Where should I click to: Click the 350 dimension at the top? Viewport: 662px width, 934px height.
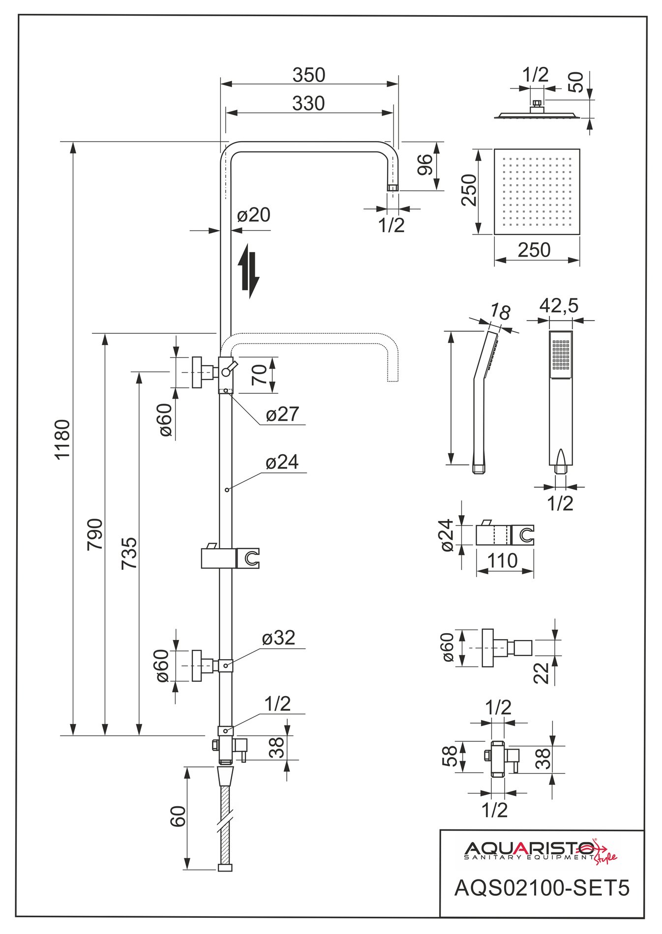point(309,75)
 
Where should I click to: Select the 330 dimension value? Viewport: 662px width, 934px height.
point(308,104)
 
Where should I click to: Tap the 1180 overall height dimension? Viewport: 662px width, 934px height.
point(62,439)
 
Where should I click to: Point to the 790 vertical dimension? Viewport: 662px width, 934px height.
point(95,534)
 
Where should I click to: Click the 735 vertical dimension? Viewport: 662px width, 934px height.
point(129,554)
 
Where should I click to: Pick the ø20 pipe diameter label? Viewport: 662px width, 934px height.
point(254,215)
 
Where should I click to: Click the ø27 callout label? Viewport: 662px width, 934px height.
point(282,414)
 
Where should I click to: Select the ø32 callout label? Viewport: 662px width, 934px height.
point(278,638)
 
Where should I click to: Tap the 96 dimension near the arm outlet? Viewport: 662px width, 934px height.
point(424,165)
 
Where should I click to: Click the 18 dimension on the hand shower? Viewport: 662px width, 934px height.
point(500,312)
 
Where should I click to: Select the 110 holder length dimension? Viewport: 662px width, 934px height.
point(503,560)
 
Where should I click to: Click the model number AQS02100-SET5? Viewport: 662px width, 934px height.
point(542,888)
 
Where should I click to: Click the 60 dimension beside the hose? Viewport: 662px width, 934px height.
point(178,817)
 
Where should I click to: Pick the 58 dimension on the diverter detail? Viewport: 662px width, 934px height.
point(450,756)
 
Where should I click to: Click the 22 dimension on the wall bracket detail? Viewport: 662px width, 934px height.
point(542,672)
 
